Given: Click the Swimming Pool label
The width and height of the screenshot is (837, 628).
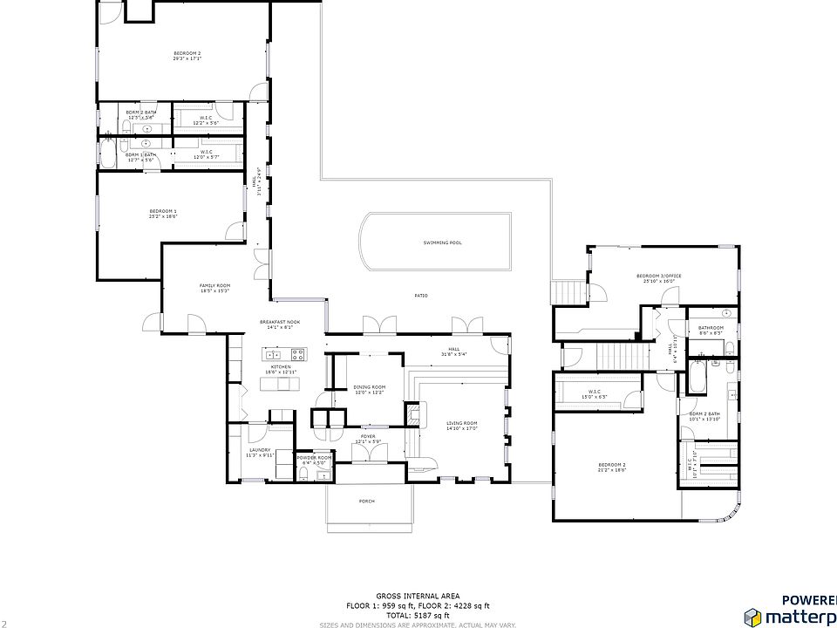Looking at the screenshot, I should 442,242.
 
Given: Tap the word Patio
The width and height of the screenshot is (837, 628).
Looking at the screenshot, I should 420,296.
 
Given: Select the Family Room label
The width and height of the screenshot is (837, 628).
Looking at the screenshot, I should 214,285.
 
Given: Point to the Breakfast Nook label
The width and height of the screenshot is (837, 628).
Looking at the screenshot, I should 280,323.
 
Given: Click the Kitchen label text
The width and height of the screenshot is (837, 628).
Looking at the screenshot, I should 280,367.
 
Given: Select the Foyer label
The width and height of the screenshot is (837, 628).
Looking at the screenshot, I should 368,436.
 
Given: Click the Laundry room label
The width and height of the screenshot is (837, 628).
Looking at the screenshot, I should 261,450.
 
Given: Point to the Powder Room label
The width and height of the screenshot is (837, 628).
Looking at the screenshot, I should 313,457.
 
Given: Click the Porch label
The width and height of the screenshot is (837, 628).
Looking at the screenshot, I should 367,502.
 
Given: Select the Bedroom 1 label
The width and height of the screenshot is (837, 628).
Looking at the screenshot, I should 163,211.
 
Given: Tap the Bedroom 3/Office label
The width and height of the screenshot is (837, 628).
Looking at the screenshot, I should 663,276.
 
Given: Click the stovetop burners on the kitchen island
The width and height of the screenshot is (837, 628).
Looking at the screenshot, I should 297,354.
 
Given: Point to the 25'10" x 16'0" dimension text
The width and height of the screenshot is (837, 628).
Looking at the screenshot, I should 663,281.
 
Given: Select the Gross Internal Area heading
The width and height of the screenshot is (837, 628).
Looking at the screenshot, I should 418,595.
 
